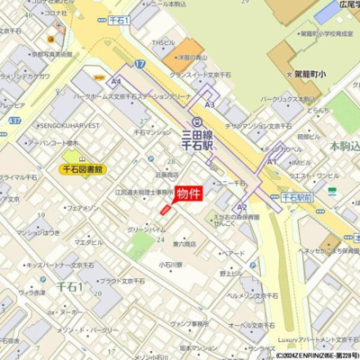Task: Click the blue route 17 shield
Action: (x=140, y=65)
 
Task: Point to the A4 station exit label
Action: (x=116, y=82)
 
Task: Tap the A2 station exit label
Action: (x=241, y=207)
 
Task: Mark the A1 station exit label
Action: (x=271, y=161)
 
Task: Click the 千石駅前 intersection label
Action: (x=295, y=194)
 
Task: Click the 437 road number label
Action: (x=14, y=120)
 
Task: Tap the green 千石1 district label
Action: (x=69, y=286)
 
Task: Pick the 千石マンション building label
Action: (x=152, y=132)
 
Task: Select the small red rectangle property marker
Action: (x=165, y=209)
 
